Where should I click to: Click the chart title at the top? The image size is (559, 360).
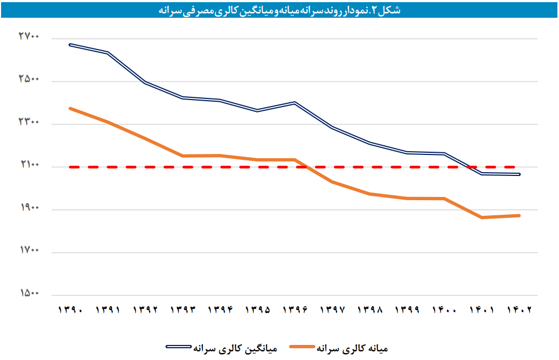coord(279,10)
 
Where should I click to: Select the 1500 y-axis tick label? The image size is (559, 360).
coord(29,293)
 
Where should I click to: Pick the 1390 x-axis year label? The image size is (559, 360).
coord(70,310)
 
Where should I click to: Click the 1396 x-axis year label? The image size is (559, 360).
coord(295,310)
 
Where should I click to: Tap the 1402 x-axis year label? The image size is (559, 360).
coord(519,310)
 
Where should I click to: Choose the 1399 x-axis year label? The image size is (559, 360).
coord(407,310)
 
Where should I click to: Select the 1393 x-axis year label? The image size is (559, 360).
coord(183,310)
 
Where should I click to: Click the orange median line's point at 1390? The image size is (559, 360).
coord(70,109)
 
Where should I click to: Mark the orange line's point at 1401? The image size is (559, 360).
coord(481,217)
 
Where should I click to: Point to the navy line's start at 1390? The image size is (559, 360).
coord(70,45)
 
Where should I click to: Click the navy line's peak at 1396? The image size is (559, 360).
coord(295,102)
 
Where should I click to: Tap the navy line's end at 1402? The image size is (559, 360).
coord(519,174)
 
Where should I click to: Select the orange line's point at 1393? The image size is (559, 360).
coord(183,156)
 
